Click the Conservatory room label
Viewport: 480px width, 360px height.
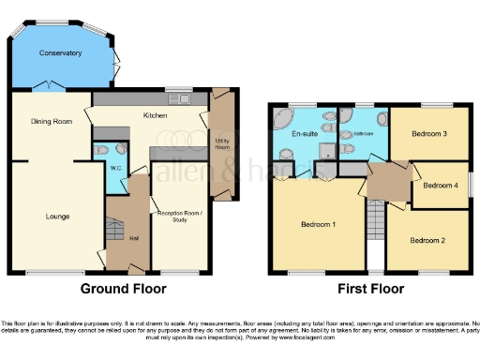60,53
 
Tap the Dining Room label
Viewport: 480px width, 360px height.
52,121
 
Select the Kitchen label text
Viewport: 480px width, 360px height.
156,115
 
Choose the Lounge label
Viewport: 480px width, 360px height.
57,217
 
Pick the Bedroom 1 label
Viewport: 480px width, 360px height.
319,225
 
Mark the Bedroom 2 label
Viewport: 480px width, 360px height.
428,241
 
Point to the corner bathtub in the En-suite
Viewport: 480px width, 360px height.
281,117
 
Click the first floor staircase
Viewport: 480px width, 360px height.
376,226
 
